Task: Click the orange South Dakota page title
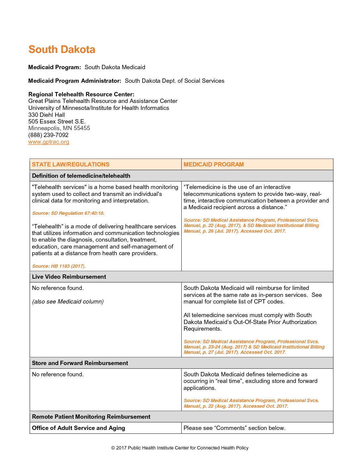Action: tap(62, 50)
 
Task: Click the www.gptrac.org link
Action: tap(49, 142)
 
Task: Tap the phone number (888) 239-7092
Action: tap(48, 135)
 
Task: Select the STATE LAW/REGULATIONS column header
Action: tap(70, 164)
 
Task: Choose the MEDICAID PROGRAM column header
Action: tap(213, 164)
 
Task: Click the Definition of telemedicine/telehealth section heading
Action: tap(81, 176)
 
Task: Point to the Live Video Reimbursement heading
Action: tap(69, 277)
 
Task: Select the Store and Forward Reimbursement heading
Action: tap(80, 363)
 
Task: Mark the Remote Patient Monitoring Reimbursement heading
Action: tap(91, 417)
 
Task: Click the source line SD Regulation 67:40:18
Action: tap(68, 213)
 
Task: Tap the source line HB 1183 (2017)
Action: tap(59, 266)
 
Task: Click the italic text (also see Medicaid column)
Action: tap(68, 302)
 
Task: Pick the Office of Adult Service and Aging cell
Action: tap(78, 428)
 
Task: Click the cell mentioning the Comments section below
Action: tap(234, 428)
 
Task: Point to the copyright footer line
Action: tap(180, 448)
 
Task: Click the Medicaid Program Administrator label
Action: tap(74, 81)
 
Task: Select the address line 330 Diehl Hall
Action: tap(47, 115)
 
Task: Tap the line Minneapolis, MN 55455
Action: tap(59, 128)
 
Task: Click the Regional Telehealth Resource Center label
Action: tap(81, 94)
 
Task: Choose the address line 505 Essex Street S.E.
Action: tap(57, 121)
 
